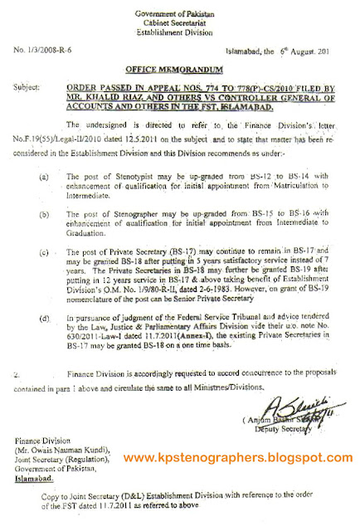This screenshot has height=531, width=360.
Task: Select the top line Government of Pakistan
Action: [179, 8]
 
